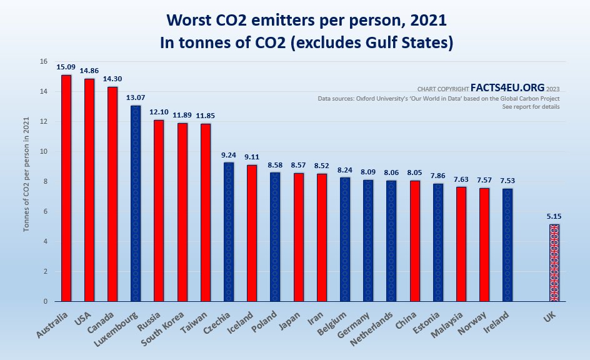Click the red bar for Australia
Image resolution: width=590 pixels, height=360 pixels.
click(66, 188)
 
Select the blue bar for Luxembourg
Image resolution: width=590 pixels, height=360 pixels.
click(136, 203)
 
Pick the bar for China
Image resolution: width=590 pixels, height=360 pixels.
click(415, 241)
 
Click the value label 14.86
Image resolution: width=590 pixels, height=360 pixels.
click(89, 70)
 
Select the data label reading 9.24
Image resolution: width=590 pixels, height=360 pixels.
click(229, 154)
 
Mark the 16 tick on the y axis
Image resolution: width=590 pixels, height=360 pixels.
click(43, 62)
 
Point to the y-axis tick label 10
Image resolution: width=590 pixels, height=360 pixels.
click(43, 152)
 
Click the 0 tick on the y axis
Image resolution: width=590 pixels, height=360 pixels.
click(45, 302)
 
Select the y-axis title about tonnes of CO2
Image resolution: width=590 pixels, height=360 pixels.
click(27, 181)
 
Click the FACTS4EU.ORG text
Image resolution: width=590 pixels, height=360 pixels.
click(511, 88)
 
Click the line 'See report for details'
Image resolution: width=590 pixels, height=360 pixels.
click(531, 107)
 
